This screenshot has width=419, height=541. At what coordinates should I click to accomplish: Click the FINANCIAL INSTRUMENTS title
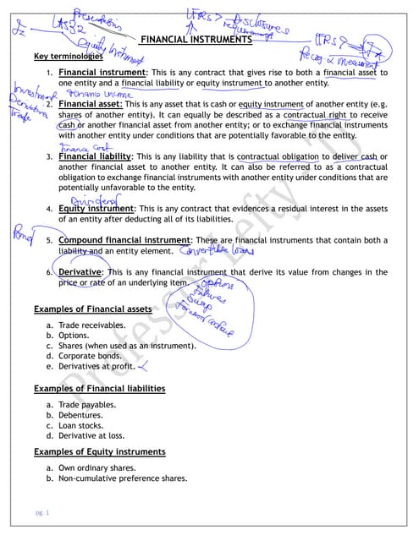click(x=196, y=39)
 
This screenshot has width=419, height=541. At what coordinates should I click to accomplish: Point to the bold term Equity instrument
click(x=96, y=208)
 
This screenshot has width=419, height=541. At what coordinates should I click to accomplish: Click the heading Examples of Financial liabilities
click(x=98, y=388)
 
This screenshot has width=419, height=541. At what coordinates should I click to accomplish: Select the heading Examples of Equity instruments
click(x=98, y=451)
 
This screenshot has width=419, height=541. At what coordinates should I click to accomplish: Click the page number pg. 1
click(x=42, y=513)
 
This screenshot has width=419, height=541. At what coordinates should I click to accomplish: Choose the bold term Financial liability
click(x=95, y=156)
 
